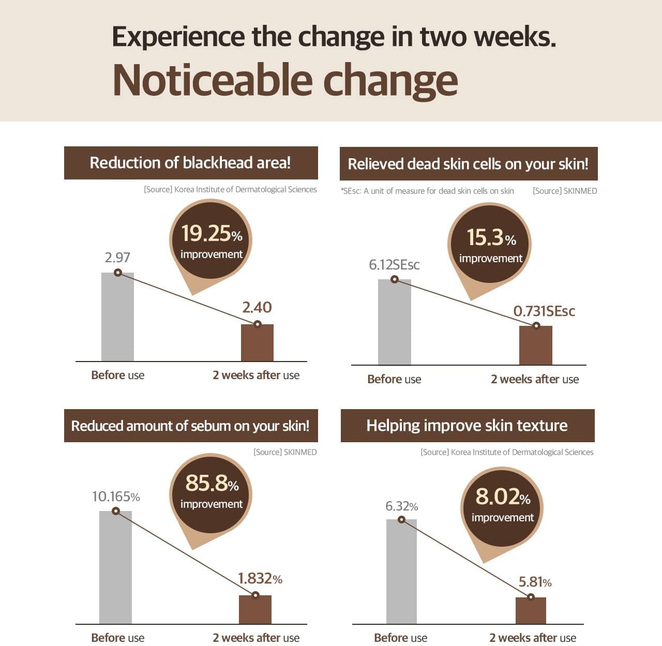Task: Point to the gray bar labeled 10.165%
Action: pos(115,568)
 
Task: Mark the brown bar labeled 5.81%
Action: pos(531,611)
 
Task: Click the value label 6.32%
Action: pos(401,506)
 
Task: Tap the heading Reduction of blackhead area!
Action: pos(190,163)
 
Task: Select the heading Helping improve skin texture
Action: pos(467,426)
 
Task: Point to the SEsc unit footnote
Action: pos(427,191)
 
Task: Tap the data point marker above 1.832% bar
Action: pos(255,595)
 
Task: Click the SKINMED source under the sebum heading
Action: pos(285,452)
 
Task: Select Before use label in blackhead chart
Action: pos(117,375)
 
